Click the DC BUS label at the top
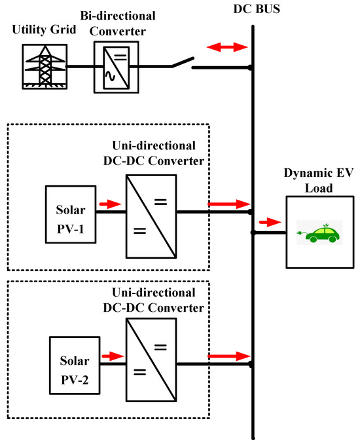coord(253,9)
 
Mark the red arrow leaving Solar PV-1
coord(110,204)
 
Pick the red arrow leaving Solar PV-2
coord(113,356)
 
